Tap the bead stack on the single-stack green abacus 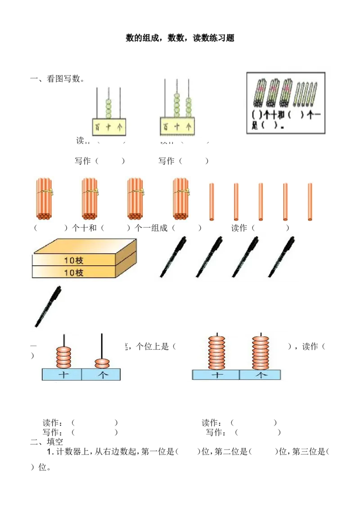[x=108, y=108]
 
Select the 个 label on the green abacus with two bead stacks [x=189, y=127]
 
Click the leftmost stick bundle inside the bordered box [x=261, y=92]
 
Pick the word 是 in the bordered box [x=255, y=126]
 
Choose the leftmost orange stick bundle [x=45, y=198]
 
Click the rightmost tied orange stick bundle [x=182, y=198]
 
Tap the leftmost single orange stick [x=211, y=201]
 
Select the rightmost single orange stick [x=310, y=201]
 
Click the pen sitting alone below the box [x=48, y=307]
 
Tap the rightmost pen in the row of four [x=282, y=257]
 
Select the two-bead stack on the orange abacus [x=103, y=363]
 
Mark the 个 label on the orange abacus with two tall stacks [x=260, y=375]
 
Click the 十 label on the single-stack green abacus [x=108, y=128]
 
